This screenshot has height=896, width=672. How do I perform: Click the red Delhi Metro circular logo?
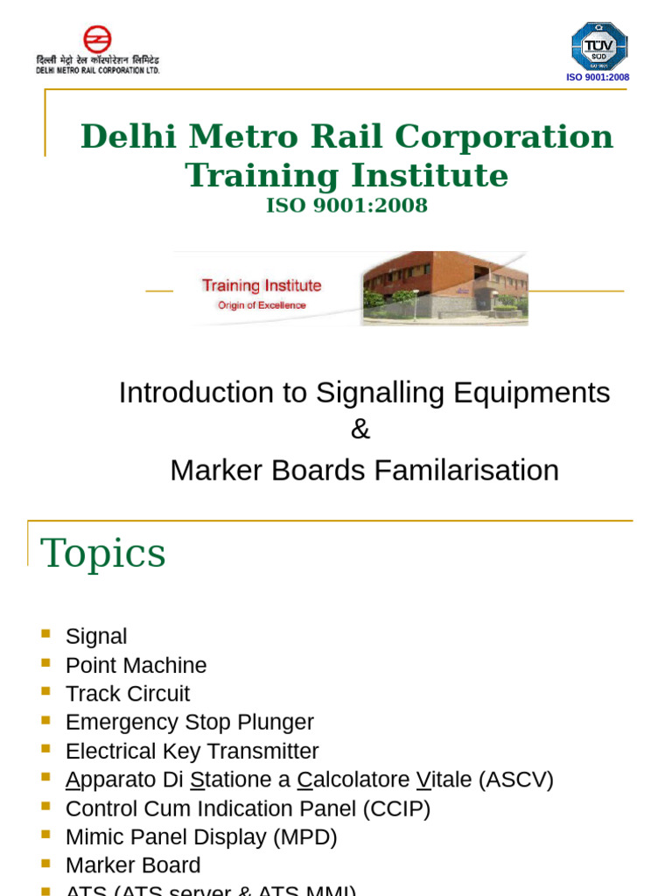(x=97, y=39)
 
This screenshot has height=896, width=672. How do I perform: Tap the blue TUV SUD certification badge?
(x=598, y=46)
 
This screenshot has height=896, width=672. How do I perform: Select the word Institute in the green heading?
(x=428, y=175)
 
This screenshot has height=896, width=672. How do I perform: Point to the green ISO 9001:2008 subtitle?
(x=347, y=206)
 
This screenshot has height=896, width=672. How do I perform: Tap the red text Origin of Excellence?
(x=262, y=305)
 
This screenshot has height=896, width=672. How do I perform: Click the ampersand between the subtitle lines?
(x=360, y=430)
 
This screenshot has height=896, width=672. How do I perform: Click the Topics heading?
(x=103, y=553)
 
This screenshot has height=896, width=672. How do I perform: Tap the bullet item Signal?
(x=96, y=636)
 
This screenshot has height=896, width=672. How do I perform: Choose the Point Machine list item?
(x=136, y=665)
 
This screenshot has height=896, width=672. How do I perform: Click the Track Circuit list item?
(x=127, y=694)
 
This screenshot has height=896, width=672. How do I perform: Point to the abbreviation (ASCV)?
(x=516, y=780)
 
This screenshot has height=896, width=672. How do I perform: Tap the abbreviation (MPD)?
(x=305, y=837)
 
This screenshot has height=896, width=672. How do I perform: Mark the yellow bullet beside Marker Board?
(x=46, y=864)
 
